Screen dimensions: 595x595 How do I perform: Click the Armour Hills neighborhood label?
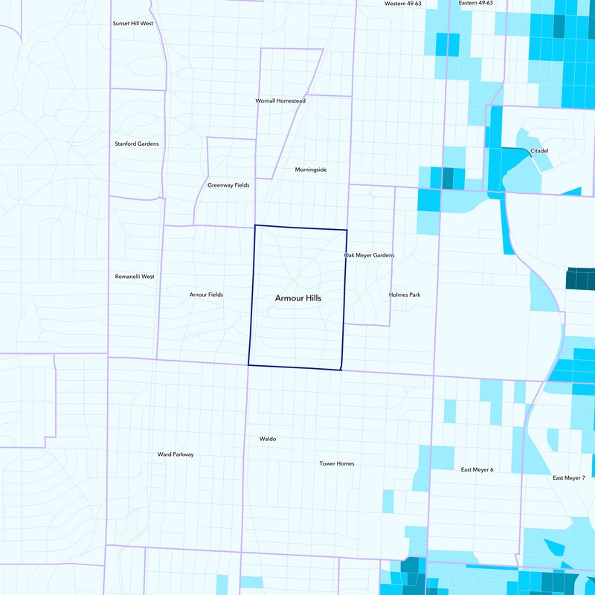click(x=298, y=297)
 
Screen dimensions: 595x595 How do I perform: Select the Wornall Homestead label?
click(x=280, y=100)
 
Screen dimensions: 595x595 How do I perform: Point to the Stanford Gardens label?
click(x=136, y=144)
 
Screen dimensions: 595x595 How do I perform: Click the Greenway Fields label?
click(x=228, y=184)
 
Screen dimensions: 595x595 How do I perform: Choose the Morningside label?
click(x=310, y=170)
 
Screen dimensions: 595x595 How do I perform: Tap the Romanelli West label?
click(x=135, y=277)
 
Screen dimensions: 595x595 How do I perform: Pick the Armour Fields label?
click(x=206, y=295)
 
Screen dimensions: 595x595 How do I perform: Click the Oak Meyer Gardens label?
click(x=369, y=255)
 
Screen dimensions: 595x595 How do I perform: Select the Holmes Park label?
click(x=405, y=295)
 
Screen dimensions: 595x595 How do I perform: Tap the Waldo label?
click(x=268, y=439)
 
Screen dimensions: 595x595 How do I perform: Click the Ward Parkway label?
click(x=176, y=454)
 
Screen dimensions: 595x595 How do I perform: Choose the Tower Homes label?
click(x=337, y=463)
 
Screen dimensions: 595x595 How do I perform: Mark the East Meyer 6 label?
click(x=477, y=469)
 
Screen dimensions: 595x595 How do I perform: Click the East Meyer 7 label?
click(x=569, y=477)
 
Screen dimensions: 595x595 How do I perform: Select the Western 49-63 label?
click(x=403, y=4)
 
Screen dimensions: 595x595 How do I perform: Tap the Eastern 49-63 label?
click(x=476, y=4)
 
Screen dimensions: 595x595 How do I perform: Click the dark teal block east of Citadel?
click(x=580, y=279)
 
